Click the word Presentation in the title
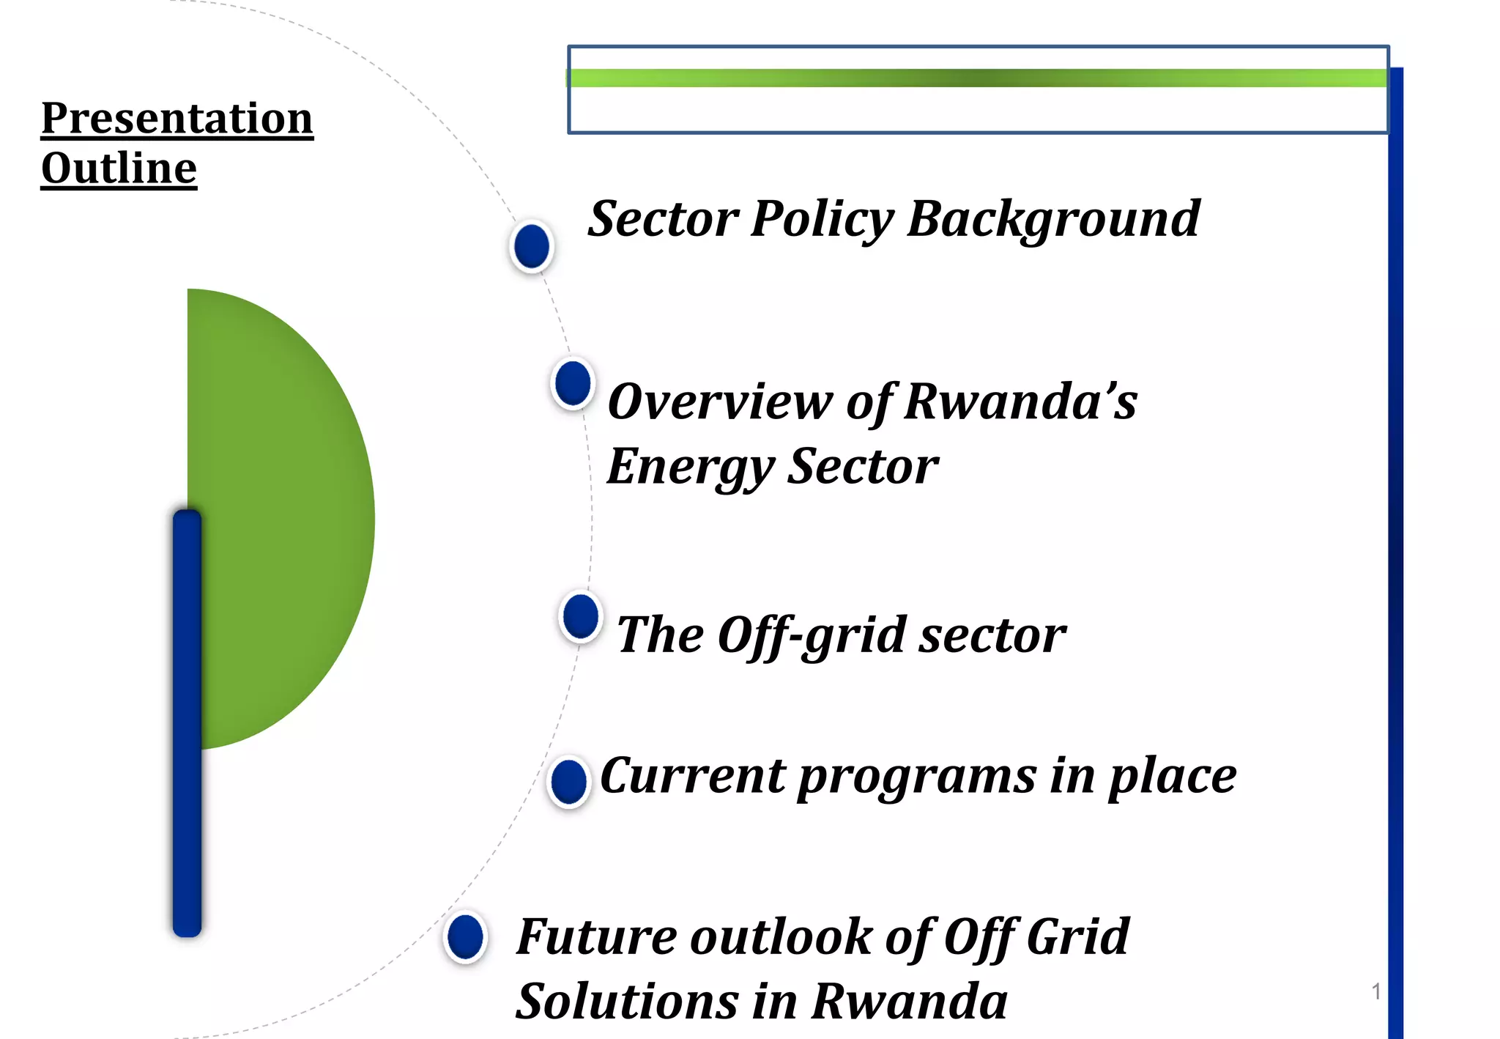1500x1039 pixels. pyautogui.click(x=177, y=118)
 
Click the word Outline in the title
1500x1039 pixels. pyautogui.click(x=119, y=169)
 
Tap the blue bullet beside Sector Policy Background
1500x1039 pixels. pyautogui.click(x=532, y=246)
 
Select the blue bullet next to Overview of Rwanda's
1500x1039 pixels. pyautogui.click(x=573, y=383)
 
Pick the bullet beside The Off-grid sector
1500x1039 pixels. pyautogui.click(x=581, y=617)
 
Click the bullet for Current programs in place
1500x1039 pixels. pyautogui.click(x=569, y=782)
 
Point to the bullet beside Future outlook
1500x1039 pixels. pyautogui.click(x=465, y=937)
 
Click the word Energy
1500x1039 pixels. pyautogui.click(x=691, y=467)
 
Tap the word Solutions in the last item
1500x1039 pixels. pyautogui.click(x=627, y=1002)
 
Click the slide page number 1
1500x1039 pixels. pyautogui.click(x=1375, y=991)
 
